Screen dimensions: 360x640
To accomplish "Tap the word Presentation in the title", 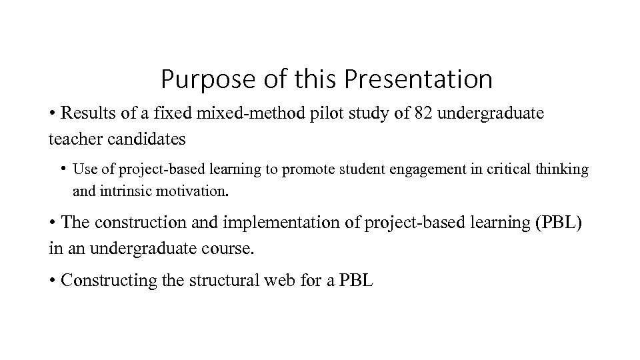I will pos(419,80).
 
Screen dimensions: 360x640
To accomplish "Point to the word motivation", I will pos(195,192).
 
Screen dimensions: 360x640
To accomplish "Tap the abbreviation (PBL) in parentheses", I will pos(558,223).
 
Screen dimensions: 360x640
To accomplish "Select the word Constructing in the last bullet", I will pos(109,281).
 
